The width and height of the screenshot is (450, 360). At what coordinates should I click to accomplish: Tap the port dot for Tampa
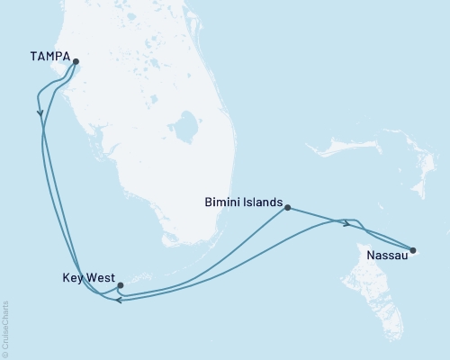[x=76, y=63]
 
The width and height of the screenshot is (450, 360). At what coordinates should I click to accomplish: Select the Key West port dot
[x=120, y=285]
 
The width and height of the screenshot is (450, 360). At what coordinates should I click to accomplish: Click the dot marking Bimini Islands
[x=287, y=208]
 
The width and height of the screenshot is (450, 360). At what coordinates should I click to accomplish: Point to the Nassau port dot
[x=413, y=250]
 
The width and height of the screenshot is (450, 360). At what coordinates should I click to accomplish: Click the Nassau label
[x=387, y=256]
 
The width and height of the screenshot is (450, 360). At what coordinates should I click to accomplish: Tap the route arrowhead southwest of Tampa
[x=40, y=113]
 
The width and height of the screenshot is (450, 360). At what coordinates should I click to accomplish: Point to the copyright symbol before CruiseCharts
[x=6, y=354]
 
